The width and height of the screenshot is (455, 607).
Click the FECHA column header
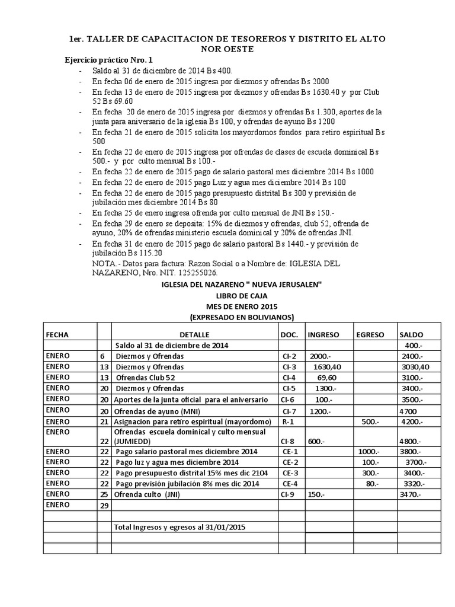click(57, 334)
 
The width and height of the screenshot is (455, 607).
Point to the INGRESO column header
click(323, 334)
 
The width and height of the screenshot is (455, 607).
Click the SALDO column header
click(412, 334)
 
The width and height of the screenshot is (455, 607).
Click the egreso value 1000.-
click(370, 451)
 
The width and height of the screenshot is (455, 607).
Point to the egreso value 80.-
click(371, 484)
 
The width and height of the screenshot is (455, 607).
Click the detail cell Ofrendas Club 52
click(146, 378)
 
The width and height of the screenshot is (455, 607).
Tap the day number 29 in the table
click(104, 505)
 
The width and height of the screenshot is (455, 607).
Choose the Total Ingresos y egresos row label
click(180, 526)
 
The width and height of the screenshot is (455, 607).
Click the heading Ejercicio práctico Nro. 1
click(108, 60)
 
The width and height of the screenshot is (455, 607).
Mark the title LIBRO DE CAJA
click(242, 295)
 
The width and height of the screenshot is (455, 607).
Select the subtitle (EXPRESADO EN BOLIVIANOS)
click(242, 317)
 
